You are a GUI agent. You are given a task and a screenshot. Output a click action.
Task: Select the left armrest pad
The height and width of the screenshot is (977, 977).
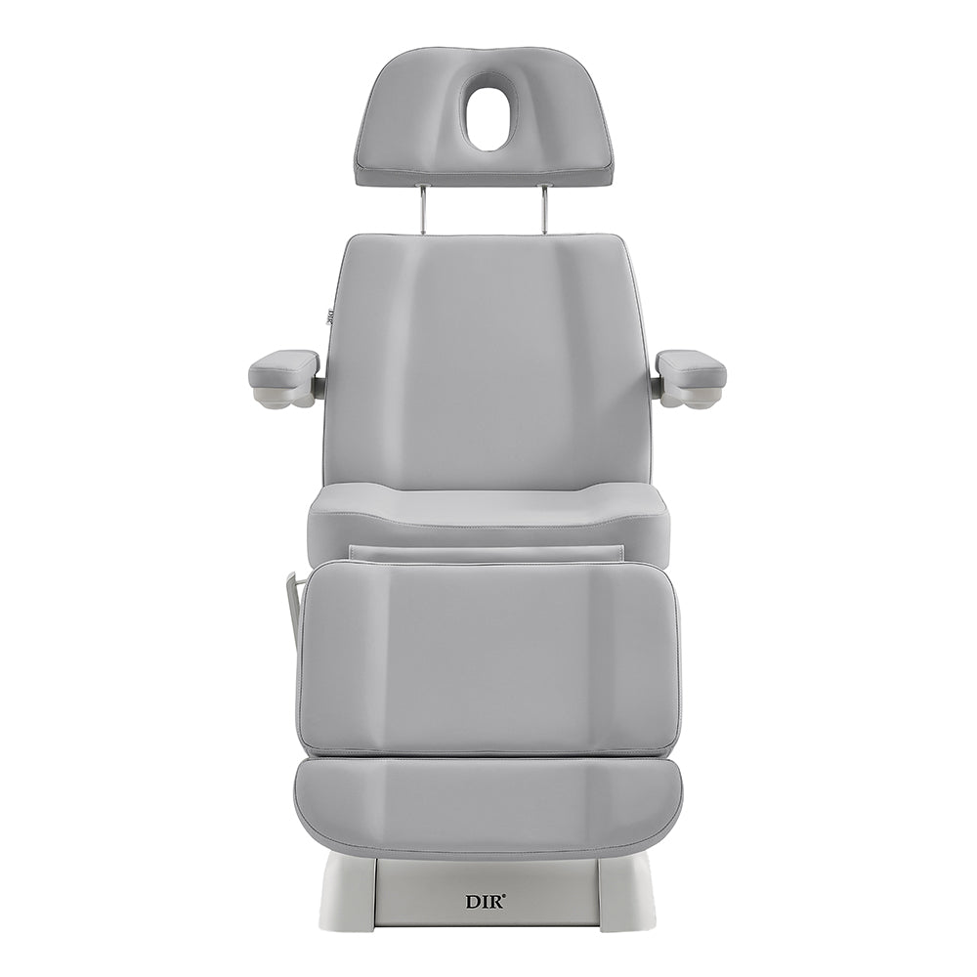tap(284, 369)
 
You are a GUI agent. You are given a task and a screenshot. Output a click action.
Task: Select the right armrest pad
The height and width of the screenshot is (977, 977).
tap(691, 369)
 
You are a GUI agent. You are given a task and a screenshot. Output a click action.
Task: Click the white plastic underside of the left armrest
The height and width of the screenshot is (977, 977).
tap(281, 397)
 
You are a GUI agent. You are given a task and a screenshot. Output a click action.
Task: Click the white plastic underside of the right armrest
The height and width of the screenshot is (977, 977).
tap(694, 397)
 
